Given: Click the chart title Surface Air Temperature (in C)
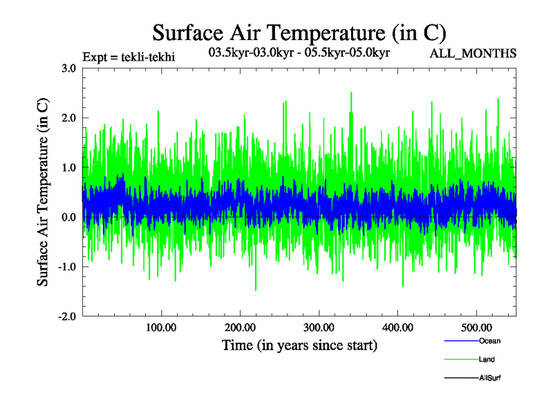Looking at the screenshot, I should pos(299,33).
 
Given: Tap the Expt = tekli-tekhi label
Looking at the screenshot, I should pos(129,57).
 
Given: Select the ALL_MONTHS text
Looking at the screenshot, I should pos(473,53).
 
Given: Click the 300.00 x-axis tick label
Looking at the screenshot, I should pos(319,326).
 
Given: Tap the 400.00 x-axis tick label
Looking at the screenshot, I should pos(397,326).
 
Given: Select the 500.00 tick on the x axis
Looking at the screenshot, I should pos(476,326).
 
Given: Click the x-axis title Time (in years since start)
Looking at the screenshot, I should pos(299,345).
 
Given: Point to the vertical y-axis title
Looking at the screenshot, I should pos(43,192).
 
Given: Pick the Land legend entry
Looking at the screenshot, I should pos(487,360).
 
